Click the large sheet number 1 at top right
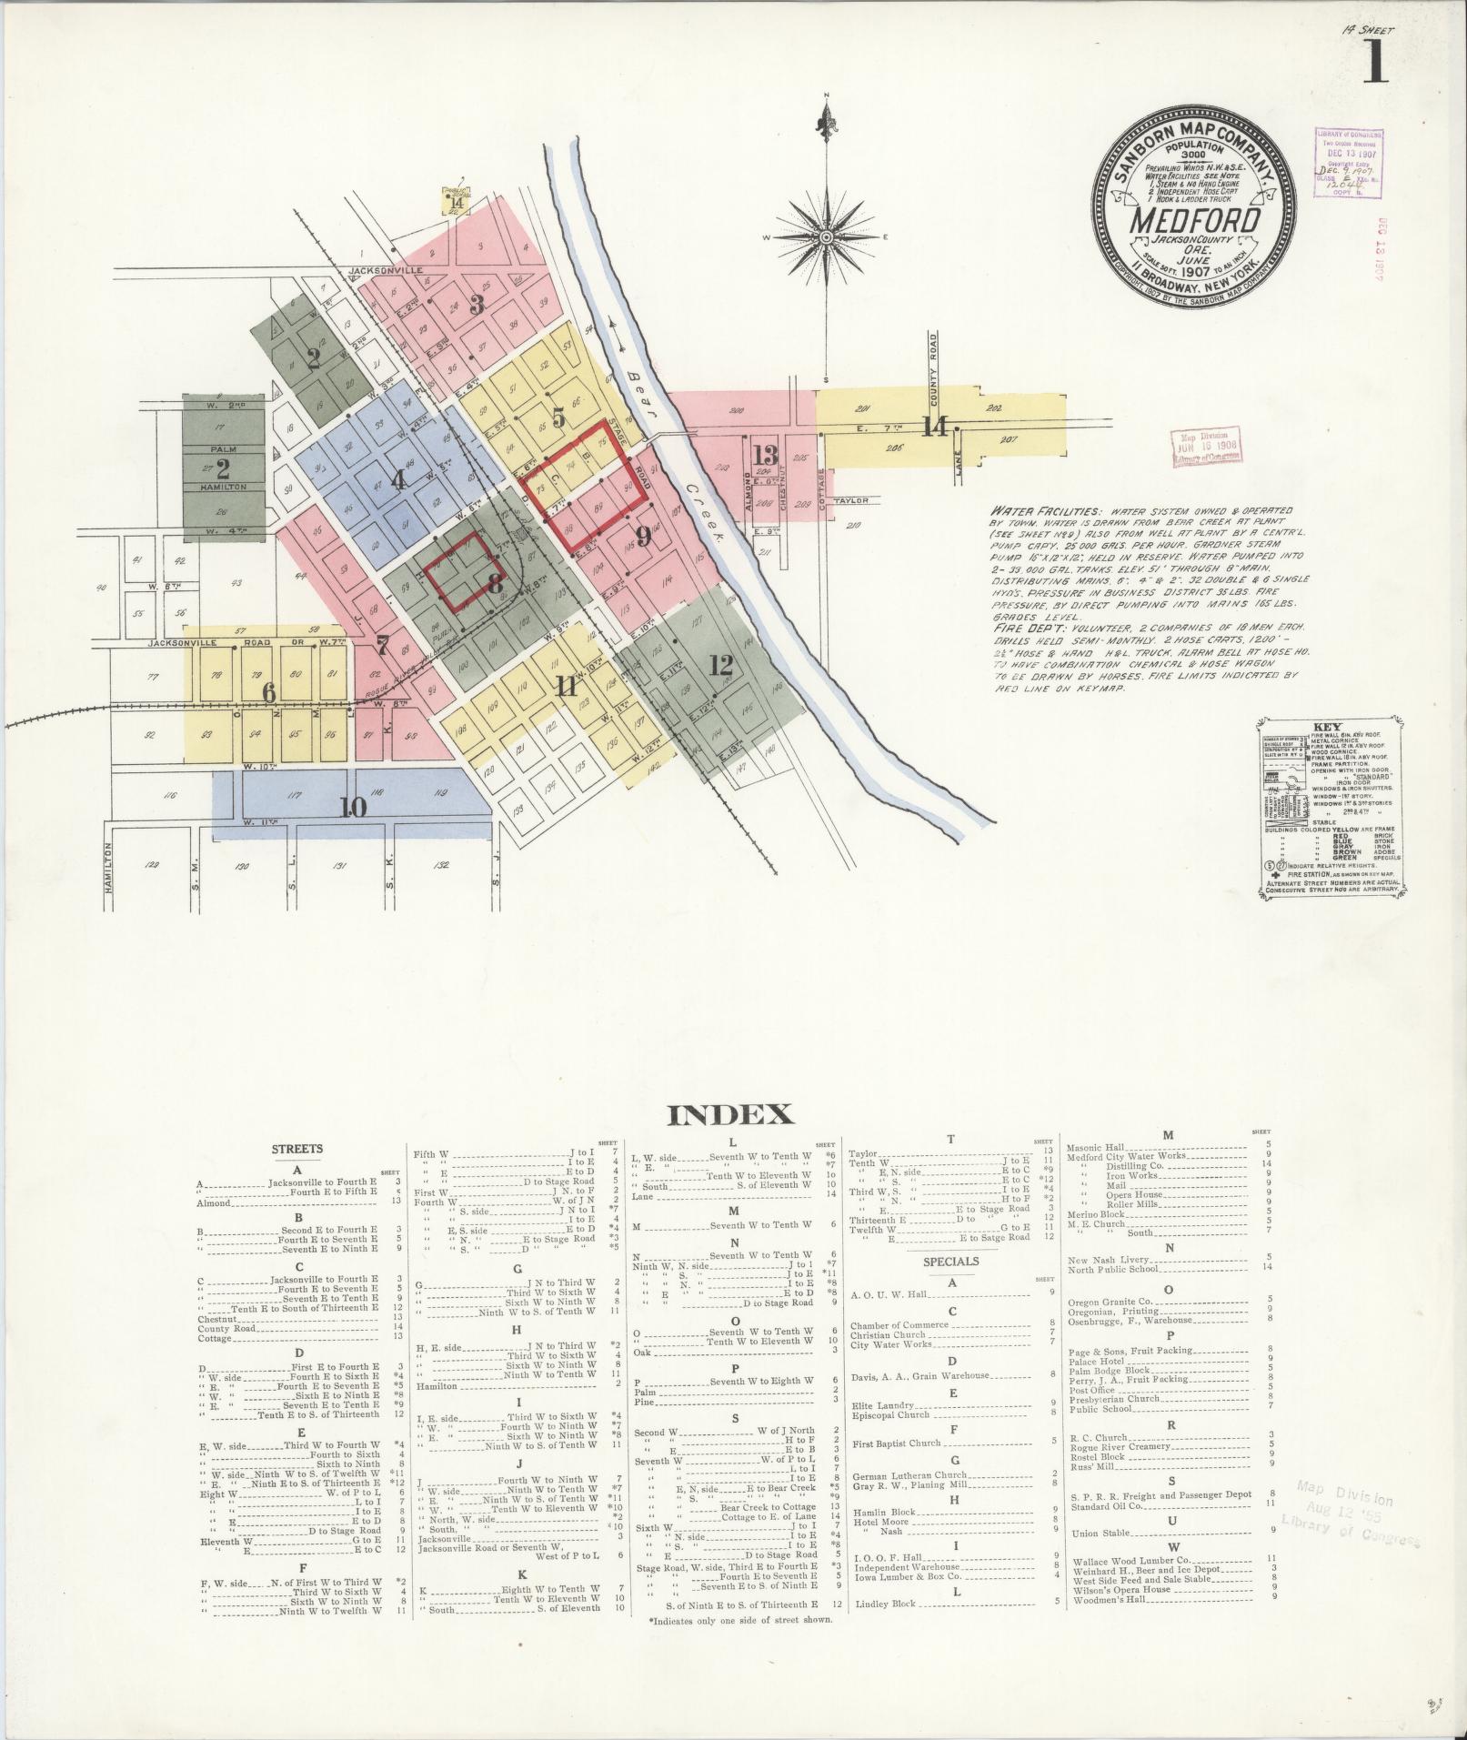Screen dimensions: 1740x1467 (x=1374, y=64)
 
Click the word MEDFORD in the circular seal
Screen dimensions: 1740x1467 (x=1195, y=221)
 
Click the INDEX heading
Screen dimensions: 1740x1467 (x=730, y=1114)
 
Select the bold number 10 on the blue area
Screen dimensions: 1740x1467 (x=354, y=806)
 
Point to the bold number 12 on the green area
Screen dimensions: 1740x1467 (x=721, y=665)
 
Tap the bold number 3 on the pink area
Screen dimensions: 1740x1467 (x=477, y=305)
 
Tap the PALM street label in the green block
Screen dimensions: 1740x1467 (x=224, y=448)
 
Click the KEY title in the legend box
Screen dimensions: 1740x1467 (x=1329, y=728)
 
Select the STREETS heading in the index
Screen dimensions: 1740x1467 (x=297, y=1149)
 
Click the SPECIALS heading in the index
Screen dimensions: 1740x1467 (x=950, y=1261)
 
